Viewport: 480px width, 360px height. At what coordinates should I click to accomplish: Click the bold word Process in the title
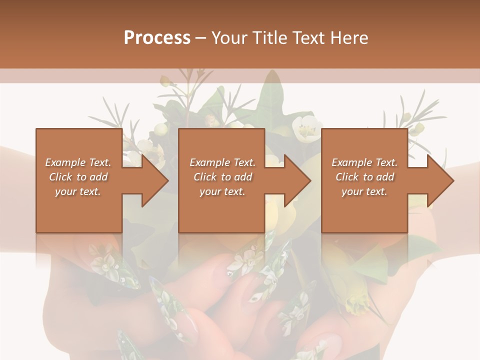point(157,37)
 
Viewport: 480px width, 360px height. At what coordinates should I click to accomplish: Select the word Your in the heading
point(230,37)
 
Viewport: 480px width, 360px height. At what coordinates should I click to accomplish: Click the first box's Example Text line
point(78,162)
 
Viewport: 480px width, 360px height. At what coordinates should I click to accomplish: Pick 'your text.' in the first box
point(78,191)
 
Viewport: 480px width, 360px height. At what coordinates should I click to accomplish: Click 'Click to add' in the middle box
point(222,177)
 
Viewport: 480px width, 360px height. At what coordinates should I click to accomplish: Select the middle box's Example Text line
point(222,162)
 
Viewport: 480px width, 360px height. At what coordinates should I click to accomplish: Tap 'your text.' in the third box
point(364,191)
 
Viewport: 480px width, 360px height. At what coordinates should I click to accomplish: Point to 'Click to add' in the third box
point(364,177)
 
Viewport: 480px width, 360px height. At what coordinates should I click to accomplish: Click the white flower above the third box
point(305,127)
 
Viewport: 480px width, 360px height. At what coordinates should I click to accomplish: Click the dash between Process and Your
point(201,37)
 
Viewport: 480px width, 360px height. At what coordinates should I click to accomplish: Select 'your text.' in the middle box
point(222,191)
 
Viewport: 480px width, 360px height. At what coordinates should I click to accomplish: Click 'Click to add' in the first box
point(78,177)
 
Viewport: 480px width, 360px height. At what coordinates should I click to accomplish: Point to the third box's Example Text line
point(364,162)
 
